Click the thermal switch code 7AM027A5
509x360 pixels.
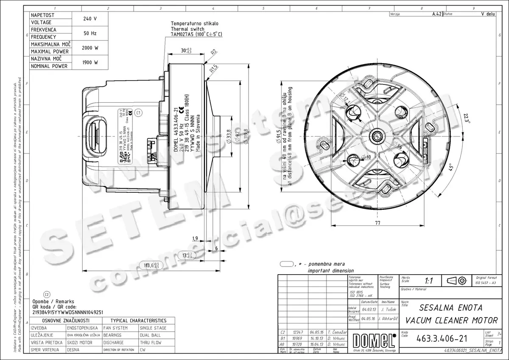(x=183, y=34)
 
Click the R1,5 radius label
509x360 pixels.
(x=213, y=67)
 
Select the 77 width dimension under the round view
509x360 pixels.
(x=377, y=222)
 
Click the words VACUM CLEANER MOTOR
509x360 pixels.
(x=451, y=319)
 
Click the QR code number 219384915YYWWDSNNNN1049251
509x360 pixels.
(x=68, y=312)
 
